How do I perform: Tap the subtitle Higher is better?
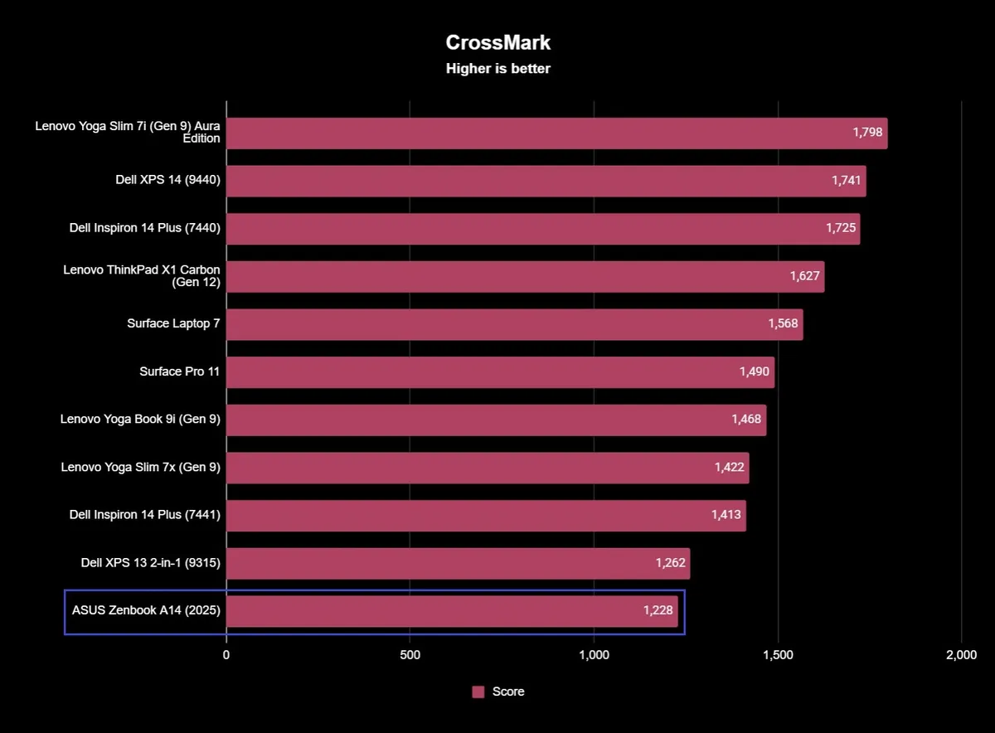click(x=498, y=69)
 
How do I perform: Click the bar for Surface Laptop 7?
click(x=498, y=324)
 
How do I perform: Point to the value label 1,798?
click(x=867, y=133)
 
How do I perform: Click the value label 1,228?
click(x=658, y=611)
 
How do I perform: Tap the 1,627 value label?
click(x=804, y=276)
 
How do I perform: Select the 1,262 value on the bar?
click(x=671, y=563)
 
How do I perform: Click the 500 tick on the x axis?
click(x=410, y=655)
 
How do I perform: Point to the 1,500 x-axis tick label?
click(x=778, y=655)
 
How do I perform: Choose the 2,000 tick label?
click(x=961, y=655)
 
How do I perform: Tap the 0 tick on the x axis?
click(x=226, y=655)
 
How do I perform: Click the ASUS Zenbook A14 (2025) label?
click(x=146, y=611)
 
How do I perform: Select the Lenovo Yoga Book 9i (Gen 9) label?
click(x=140, y=420)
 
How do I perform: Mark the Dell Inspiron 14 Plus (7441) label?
click(x=145, y=515)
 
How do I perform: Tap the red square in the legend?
click(x=478, y=692)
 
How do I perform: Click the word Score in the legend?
click(x=508, y=692)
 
